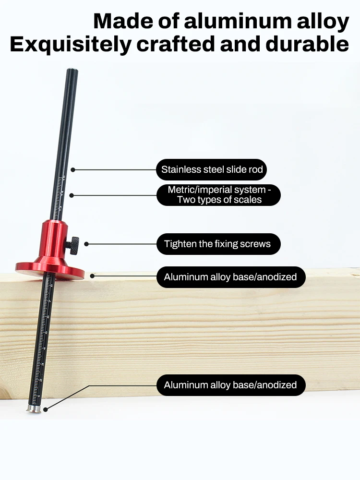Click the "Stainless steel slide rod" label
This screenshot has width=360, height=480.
coord(211,169)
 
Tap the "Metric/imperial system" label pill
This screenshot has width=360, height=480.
coord(218,195)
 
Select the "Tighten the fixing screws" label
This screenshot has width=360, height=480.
coord(218,244)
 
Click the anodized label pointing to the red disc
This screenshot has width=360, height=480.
coord(230,277)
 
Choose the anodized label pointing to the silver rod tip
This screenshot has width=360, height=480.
coord(230,385)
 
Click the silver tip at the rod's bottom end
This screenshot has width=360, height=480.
coord(33,408)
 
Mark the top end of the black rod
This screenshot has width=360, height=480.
coord(72,72)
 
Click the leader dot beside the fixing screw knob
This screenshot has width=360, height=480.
coord(86,244)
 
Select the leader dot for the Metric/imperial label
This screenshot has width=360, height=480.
coord(72,195)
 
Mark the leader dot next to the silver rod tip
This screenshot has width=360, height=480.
coord(46,409)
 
